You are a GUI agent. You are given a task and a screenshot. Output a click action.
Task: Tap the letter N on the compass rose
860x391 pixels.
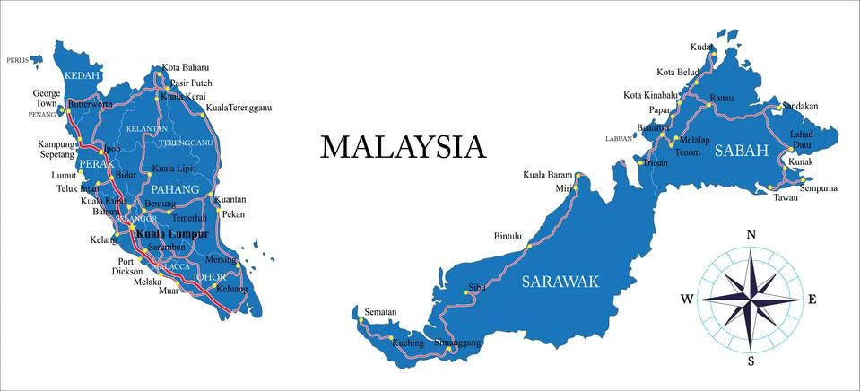point(751,235)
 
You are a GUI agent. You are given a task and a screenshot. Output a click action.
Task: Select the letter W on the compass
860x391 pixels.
point(687,300)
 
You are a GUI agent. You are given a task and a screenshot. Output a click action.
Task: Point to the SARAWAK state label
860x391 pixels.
point(560,282)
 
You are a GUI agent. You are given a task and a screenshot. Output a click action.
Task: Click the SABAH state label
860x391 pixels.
point(742,152)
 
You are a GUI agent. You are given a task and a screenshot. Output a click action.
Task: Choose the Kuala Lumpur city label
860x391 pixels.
point(171,233)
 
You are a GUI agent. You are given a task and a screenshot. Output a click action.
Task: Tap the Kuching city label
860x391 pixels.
point(408,343)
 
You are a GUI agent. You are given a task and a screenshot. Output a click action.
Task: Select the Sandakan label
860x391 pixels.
point(800,106)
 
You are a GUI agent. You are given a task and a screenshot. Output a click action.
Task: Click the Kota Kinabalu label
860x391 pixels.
point(650,95)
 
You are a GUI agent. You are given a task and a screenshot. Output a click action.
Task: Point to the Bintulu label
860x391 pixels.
point(507,237)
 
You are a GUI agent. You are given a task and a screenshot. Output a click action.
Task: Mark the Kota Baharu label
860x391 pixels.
point(185,67)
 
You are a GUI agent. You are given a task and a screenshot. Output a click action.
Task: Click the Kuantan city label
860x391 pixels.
point(230,199)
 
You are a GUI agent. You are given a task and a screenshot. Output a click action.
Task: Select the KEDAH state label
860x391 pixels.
point(82,76)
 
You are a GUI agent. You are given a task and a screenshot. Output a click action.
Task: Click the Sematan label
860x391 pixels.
point(380,312)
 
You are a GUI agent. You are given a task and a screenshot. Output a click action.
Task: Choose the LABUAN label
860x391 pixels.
point(619,139)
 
